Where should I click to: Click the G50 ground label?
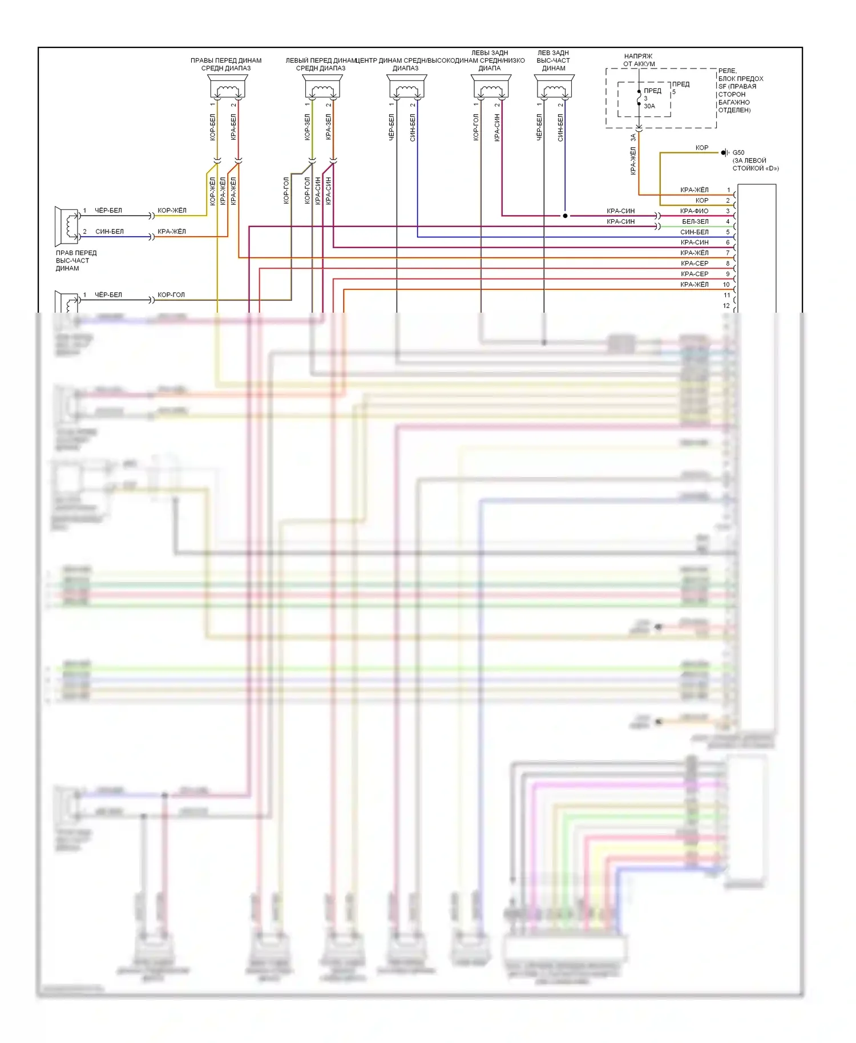click(x=738, y=153)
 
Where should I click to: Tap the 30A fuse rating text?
click(x=649, y=106)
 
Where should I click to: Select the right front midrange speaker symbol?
click(x=228, y=88)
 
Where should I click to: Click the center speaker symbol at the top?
click(x=407, y=88)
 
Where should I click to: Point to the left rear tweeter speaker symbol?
click(x=554, y=88)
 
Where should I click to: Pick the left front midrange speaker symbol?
click(x=322, y=88)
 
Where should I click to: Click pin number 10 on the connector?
click(x=726, y=285)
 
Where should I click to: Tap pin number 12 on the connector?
click(x=726, y=306)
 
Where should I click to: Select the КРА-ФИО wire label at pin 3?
click(x=694, y=211)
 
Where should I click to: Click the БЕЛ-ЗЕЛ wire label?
click(x=695, y=221)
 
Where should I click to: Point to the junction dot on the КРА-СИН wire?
click(x=565, y=216)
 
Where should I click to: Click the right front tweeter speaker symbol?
click(x=67, y=225)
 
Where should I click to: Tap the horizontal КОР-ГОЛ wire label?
click(x=171, y=295)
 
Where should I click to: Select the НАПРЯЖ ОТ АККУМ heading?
click(x=639, y=60)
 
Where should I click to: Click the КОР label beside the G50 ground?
click(x=701, y=148)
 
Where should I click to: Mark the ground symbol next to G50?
click(x=725, y=153)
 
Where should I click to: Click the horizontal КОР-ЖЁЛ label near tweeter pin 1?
click(x=172, y=211)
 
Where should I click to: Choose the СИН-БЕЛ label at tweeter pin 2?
click(x=110, y=232)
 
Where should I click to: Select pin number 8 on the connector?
click(x=728, y=264)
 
